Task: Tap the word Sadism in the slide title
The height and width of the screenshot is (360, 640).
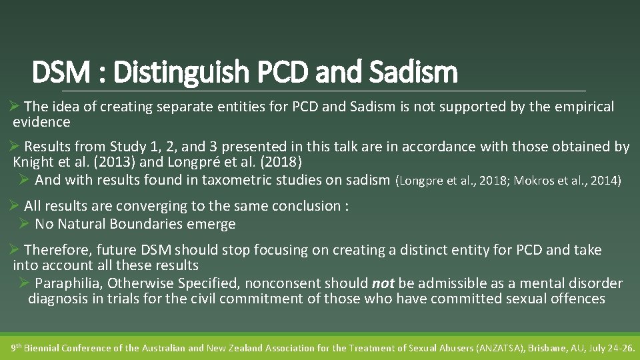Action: tap(421, 73)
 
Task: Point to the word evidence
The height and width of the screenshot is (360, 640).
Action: tap(41, 122)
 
